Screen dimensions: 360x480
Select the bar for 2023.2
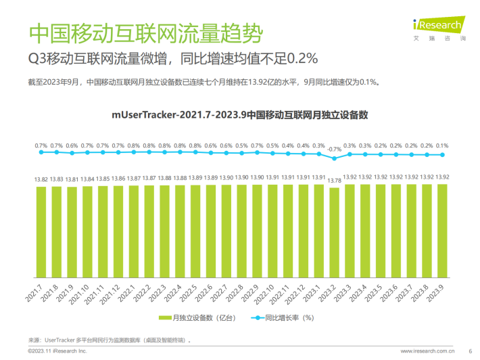(334, 233)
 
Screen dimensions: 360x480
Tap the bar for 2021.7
(41, 231)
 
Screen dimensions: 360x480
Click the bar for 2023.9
(442, 231)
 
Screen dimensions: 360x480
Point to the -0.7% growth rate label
(334, 148)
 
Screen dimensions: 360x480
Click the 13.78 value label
(334, 180)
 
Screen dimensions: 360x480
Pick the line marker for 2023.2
(334, 158)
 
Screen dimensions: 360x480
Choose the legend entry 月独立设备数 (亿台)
(197, 317)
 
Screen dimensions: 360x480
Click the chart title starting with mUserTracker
(239, 115)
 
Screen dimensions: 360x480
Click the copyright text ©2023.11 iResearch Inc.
(57, 352)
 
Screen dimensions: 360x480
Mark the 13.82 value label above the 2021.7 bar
(41, 179)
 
